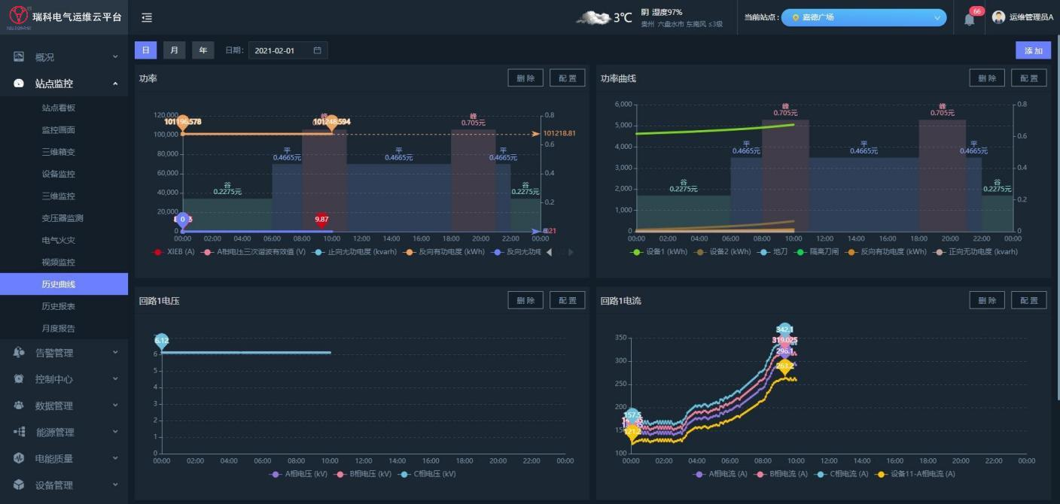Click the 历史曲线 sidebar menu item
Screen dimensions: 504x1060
pyautogui.click(x=59, y=284)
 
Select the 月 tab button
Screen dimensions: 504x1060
pyautogui.click(x=174, y=50)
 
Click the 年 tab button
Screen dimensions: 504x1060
pyautogui.click(x=203, y=50)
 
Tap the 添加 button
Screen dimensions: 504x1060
pyautogui.click(x=1033, y=50)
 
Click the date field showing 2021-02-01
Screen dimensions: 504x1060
pyautogui.click(x=288, y=50)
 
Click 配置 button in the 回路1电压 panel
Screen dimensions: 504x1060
pyautogui.click(x=567, y=300)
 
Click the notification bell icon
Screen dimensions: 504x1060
pyautogui.click(x=969, y=19)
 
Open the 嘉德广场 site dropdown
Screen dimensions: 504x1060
pyautogui.click(x=864, y=17)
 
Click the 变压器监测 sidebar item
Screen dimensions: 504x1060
pyautogui.click(x=62, y=218)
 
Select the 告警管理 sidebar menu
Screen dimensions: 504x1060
pyautogui.click(x=54, y=353)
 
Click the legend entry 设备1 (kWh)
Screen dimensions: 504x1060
pyautogui.click(x=660, y=252)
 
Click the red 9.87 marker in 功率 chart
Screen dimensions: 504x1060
pyautogui.click(x=321, y=220)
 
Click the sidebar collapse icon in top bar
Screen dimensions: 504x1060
pyautogui.click(x=147, y=17)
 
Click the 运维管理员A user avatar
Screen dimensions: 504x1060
pyautogui.click(x=998, y=17)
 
